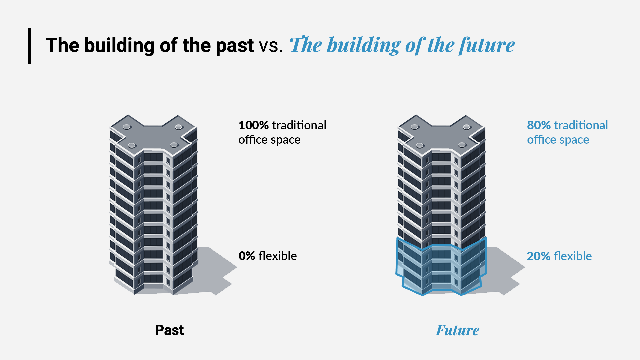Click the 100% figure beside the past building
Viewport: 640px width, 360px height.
coord(254,125)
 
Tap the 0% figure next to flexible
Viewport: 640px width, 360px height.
coord(247,256)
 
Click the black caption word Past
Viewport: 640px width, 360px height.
coord(169,330)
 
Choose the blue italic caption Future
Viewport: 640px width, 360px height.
coord(457,330)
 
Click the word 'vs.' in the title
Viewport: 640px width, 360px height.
coord(271,46)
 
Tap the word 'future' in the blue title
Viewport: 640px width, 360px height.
coord(487,45)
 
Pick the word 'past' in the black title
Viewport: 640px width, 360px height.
coord(235,46)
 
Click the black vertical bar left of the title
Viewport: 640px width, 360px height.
coord(30,46)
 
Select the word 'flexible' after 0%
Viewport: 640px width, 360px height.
coord(277,256)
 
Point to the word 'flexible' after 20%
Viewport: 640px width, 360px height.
coord(573,256)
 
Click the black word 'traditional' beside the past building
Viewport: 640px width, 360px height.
coord(299,125)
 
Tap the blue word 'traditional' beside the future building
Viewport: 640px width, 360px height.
coord(581,125)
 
